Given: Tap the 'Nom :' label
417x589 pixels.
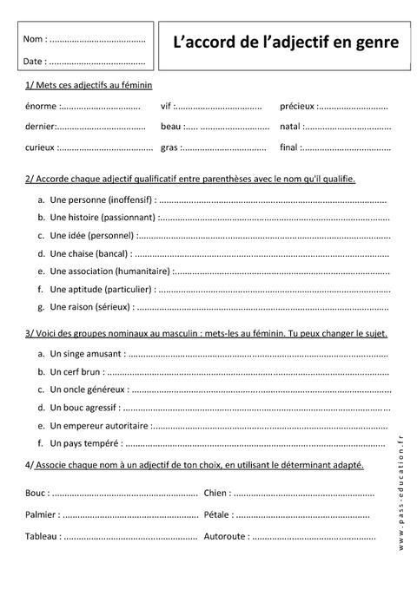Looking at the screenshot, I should (x=35, y=40).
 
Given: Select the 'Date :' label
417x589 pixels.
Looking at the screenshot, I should (x=35, y=62).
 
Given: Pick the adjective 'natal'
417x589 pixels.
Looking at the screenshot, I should (x=290, y=127).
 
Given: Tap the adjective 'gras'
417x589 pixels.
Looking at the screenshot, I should (x=169, y=147).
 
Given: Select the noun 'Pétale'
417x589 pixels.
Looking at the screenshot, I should (x=216, y=515).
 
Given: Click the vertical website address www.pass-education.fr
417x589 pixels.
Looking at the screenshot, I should (x=401, y=494).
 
